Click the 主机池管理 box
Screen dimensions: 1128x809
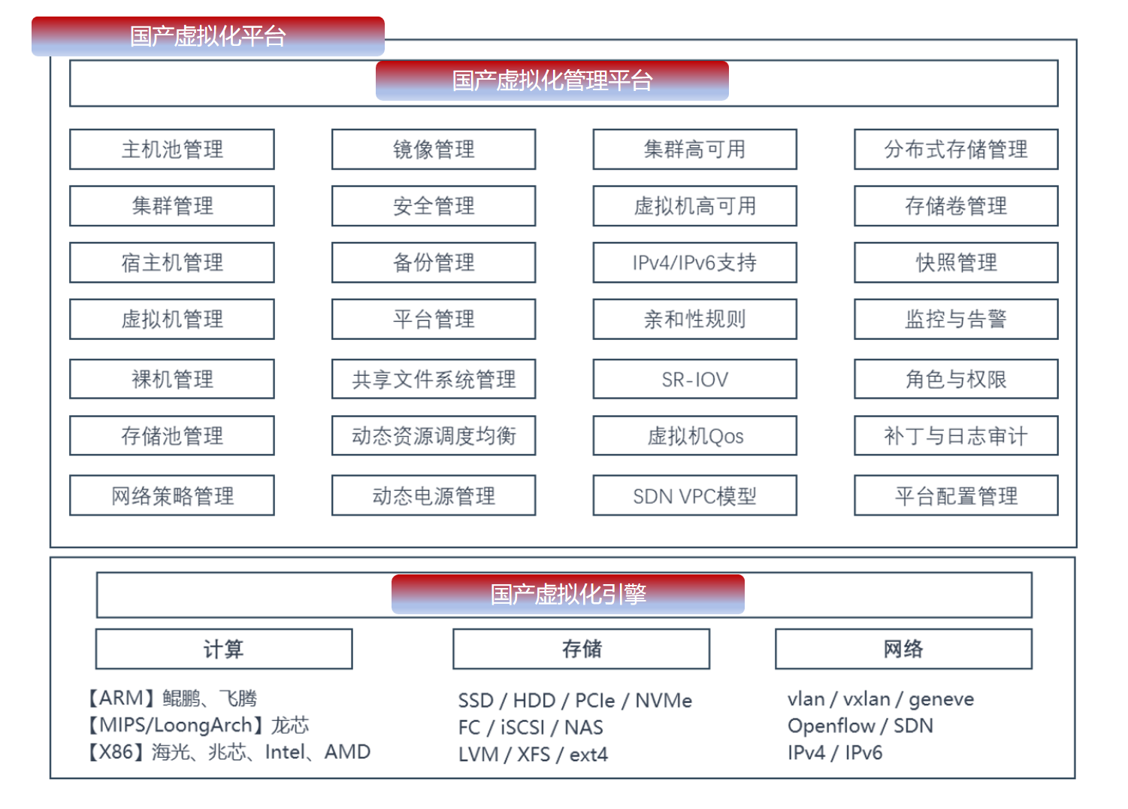click(x=172, y=150)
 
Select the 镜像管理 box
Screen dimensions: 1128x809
click(x=434, y=150)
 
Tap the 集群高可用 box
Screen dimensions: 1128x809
click(x=695, y=150)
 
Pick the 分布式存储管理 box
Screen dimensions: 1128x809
click(x=956, y=150)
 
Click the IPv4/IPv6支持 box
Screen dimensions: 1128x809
click(x=695, y=262)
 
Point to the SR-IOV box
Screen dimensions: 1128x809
click(x=695, y=379)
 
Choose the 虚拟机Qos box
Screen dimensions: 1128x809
click(x=695, y=436)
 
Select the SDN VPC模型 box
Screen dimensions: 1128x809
click(x=695, y=495)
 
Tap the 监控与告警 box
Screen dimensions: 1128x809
click(x=956, y=320)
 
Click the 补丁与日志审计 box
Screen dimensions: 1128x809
click(x=956, y=436)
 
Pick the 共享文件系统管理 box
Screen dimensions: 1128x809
click(x=434, y=379)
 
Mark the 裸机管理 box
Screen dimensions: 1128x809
click(x=172, y=379)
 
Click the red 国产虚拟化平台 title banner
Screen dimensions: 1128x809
click(x=208, y=36)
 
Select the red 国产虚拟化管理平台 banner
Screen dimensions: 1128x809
click(x=552, y=80)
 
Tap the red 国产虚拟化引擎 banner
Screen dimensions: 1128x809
click(x=568, y=595)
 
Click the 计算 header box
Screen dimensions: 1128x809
click(x=224, y=649)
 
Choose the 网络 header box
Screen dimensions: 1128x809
click(x=903, y=649)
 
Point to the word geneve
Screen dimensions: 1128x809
click(x=941, y=700)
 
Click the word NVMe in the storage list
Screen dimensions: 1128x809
click(x=664, y=701)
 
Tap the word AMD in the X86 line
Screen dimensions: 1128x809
click(x=347, y=752)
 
